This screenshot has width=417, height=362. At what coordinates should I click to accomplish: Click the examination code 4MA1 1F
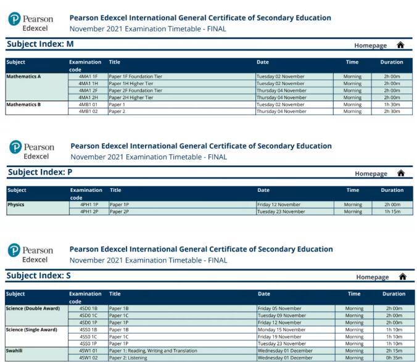click(88, 76)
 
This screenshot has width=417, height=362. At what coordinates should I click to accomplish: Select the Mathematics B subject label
click(23, 104)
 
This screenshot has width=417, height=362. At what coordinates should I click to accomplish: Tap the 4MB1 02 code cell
click(88, 112)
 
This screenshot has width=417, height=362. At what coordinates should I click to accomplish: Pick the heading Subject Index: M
click(40, 44)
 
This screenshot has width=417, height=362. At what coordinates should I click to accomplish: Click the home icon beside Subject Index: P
click(401, 173)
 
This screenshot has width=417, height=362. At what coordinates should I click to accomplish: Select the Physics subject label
click(16, 204)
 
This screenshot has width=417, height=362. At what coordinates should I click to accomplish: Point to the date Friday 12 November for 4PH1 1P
click(279, 204)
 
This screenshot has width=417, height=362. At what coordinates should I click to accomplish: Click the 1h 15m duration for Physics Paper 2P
click(392, 212)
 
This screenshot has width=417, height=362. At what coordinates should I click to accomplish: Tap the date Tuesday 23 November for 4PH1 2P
click(281, 212)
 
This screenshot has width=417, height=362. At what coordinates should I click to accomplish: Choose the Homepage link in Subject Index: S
click(372, 278)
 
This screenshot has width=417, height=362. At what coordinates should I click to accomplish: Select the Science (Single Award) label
click(31, 329)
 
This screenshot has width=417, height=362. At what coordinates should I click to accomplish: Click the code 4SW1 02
click(88, 358)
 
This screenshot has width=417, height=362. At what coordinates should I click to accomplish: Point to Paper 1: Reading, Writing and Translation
click(153, 350)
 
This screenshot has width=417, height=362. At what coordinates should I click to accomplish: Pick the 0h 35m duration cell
click(393, 358)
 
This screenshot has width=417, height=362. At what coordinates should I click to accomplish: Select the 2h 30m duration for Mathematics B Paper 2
click(392, 112)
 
